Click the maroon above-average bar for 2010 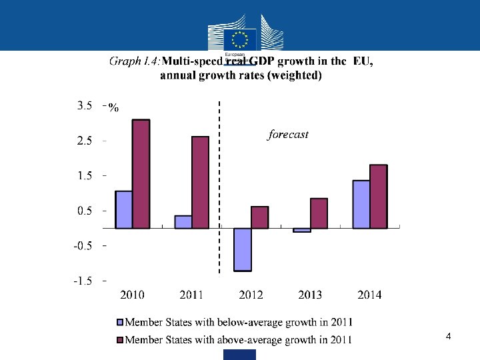141,174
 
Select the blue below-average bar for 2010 123,209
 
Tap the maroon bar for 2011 200,182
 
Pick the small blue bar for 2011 183,222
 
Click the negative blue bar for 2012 243,249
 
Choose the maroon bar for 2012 259,217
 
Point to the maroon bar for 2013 319,213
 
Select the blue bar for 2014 361,204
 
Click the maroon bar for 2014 378,196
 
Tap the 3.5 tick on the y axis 84,105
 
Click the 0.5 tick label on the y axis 84,211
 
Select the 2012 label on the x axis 251,295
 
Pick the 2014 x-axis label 369,295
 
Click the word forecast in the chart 288,135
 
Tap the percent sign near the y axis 113,109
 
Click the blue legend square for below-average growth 120,323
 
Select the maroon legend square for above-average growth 120,340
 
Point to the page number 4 449,337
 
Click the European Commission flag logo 240,38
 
